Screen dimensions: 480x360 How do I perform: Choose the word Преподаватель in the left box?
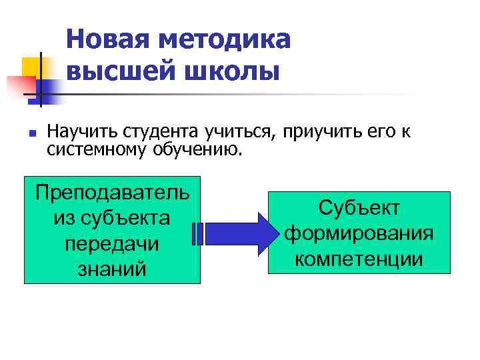pos(112,193)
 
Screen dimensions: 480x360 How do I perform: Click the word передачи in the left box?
pos(112,243)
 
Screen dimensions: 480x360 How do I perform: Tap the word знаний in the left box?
pos(112,269)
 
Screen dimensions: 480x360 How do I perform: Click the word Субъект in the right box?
pos(359,208)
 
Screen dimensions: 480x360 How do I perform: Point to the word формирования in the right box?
pos(359,233)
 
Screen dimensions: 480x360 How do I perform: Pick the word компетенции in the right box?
pos(359,259)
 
